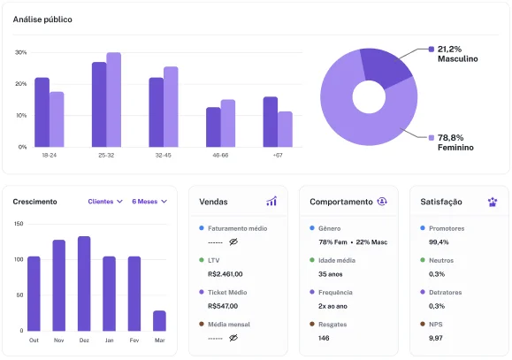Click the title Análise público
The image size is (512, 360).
pos(42,19)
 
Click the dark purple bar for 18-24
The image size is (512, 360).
pos(42,112)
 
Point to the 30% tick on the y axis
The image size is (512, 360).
pos(20,52)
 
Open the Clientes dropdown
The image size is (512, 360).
pos(105,202)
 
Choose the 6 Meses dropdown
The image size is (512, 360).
pos(149,202)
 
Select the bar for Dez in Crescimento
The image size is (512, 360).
pos(84,283)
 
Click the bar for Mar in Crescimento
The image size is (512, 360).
pos(159,320)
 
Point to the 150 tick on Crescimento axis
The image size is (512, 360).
pos(19,223)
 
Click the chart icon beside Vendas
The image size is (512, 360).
pos(271,202)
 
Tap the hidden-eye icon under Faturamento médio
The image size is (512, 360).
pos(234,241)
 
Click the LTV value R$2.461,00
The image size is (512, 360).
pos(225,273)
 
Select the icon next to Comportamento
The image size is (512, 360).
pos(382,202)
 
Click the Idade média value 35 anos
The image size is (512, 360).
pos(331,273)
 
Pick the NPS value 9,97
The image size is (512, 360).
pos(437,337)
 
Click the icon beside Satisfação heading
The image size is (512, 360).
pos(492,202)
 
